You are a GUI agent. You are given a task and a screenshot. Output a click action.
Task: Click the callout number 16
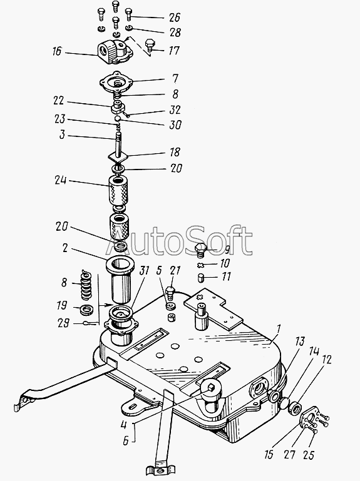click(x=57, y=51)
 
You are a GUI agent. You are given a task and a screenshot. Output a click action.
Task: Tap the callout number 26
click(x=175, y=18)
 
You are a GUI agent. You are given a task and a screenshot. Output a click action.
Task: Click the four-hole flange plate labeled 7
click(x=116, y=83)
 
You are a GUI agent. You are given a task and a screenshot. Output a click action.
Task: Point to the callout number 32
click(x=175, y=110)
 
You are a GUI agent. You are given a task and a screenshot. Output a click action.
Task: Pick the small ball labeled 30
click(x=117, y=118)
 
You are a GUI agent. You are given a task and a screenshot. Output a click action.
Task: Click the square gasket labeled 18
click(x=118, y=157)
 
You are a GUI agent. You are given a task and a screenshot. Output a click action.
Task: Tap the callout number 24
click(x=61, y=180)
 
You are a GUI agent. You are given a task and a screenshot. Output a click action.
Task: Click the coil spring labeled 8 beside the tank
click(x=86, y=285)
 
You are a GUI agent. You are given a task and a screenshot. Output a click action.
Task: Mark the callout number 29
click(x=64, y=323)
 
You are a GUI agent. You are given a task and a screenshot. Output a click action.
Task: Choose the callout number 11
click(x=225, y=276)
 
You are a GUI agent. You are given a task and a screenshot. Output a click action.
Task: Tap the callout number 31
click(x=144, y=271)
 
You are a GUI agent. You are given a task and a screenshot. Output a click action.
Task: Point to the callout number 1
click(x=278, y=330)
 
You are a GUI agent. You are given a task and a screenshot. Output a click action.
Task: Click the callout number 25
click(x=309, y=455)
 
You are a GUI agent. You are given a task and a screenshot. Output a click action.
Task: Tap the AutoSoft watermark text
click(x=180, y=241)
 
